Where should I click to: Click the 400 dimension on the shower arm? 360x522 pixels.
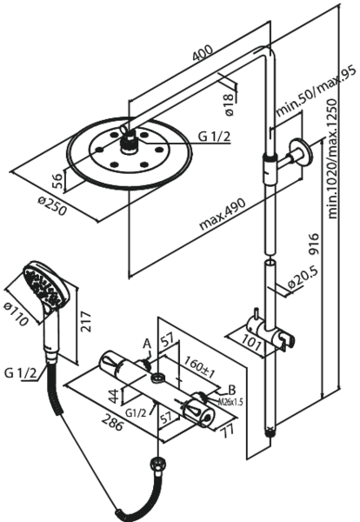(x=203, y=52)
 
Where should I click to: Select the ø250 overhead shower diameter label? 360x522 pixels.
(x=52, y=206)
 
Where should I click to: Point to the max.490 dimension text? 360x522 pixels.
(x=223, y=214)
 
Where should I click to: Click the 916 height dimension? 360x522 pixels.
(x=313, y=244)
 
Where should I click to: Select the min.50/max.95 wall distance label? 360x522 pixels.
(x=316, y=90)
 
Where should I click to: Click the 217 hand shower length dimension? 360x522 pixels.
(x=86, y=321)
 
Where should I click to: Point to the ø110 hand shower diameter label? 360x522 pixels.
(x=16, y=314)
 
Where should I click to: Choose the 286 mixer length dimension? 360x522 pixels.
(x=112, y=421)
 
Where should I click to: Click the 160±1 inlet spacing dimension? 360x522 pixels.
(x=199, y=368)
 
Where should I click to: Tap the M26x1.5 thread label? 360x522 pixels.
(x=230, y=401)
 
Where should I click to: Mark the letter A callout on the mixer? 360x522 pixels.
(x=148, y=344)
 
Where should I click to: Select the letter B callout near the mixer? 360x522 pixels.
(x=231, y=390)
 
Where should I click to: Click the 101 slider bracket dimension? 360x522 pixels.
(x=251, y=343)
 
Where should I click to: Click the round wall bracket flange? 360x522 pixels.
(x=301, y=152)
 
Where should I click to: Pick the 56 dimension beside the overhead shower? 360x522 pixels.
(x=57, y=181)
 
